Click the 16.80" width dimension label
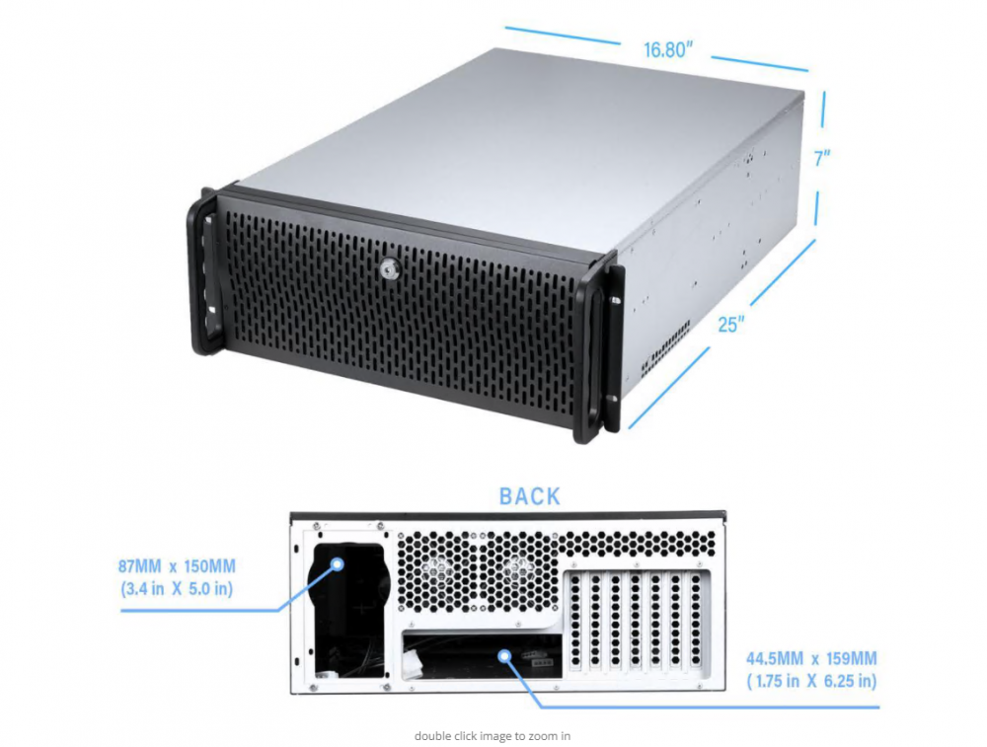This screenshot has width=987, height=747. click(668, 49)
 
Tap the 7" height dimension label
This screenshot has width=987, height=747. click(822, 158)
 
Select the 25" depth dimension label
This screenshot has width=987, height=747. click(730, 324)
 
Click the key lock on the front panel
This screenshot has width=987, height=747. click(387, 270)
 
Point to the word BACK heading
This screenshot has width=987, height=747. click(529, 496)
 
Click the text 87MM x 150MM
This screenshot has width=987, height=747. click(177, 566)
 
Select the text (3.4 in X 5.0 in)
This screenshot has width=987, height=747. click(177, 590)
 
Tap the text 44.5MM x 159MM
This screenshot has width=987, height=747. click(811, 659)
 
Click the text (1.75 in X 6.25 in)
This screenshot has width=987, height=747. click(811, 681)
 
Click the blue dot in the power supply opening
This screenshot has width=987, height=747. click(338, 563)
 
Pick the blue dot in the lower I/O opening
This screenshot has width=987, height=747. click(503, 656)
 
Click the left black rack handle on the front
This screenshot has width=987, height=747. click(204, 270)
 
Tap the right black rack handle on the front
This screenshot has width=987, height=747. click(598, 349)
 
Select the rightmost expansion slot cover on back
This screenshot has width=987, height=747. click(696, 620)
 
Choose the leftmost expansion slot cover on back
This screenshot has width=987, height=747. click(575, 620)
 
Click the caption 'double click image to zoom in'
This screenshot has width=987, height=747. click(493, 736)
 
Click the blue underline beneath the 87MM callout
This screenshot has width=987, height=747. click(200, 611)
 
